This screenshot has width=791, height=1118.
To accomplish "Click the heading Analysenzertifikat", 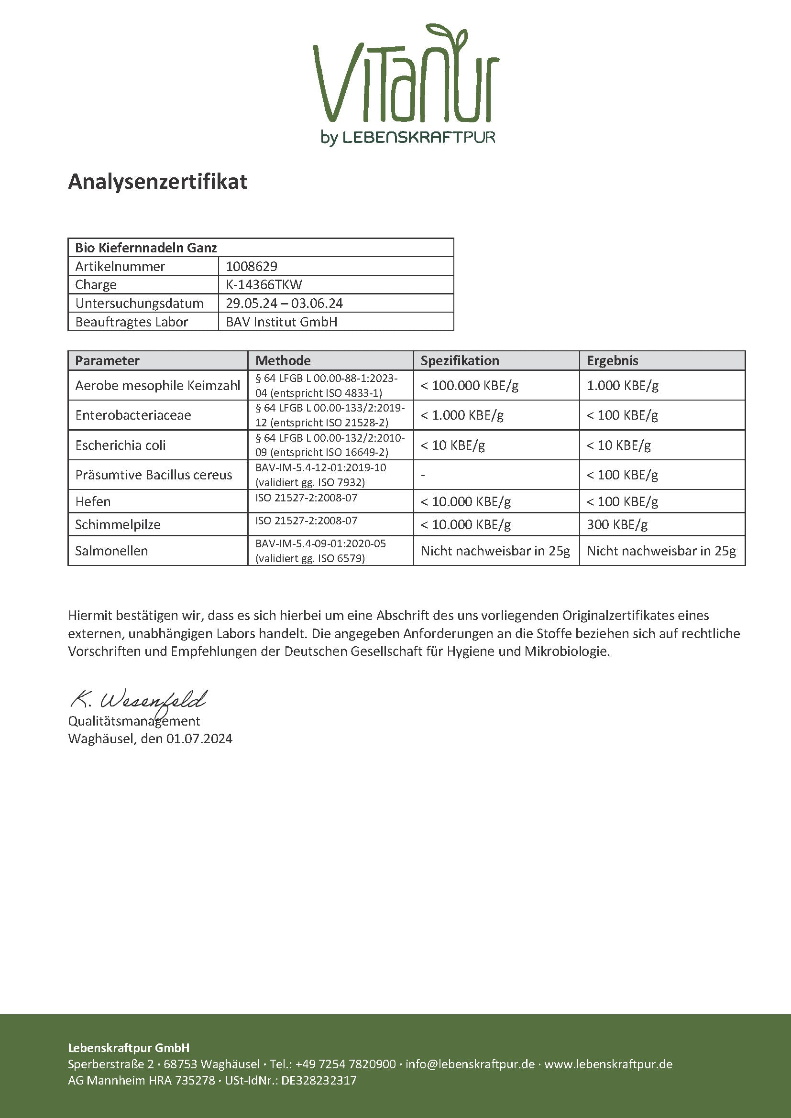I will click(x=158, y=182).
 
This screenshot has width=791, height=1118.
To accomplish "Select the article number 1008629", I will click(x=252, y=266).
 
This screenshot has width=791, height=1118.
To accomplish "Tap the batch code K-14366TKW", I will click(x=264, y=284).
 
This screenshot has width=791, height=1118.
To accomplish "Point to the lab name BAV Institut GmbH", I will click(x=282, y=322).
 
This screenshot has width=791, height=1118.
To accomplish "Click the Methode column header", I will click(x=283, y=360).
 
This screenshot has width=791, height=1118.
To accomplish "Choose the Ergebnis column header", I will click(x=612, y=360).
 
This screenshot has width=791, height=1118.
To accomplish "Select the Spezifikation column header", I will click(x=460, y=360).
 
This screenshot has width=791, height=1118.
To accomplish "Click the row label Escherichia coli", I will click(x=121, y=445).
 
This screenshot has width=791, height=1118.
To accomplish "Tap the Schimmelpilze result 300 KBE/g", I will click(x=617, y=524).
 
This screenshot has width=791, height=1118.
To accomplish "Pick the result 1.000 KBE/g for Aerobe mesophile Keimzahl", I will click(x=623, y=386).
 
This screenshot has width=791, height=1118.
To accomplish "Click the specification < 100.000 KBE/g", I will click(x=470, y=386).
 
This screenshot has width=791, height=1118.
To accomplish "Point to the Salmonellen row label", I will click(x=111, y=551).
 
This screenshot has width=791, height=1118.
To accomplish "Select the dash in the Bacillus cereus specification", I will click(x=423, y=475).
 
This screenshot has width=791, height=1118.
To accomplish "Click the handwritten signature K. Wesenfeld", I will click(x=139, y=700).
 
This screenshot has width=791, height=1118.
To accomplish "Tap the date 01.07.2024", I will click(x=199, y=738).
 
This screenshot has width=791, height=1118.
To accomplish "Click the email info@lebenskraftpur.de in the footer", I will click(x=470, y=1064).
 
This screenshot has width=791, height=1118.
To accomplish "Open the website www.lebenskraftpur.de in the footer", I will click(x=608, y=1064).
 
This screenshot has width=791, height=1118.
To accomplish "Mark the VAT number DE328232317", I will click(x=319, y=1080).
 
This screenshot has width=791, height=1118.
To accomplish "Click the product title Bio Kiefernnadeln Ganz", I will click(x=146, y=248).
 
